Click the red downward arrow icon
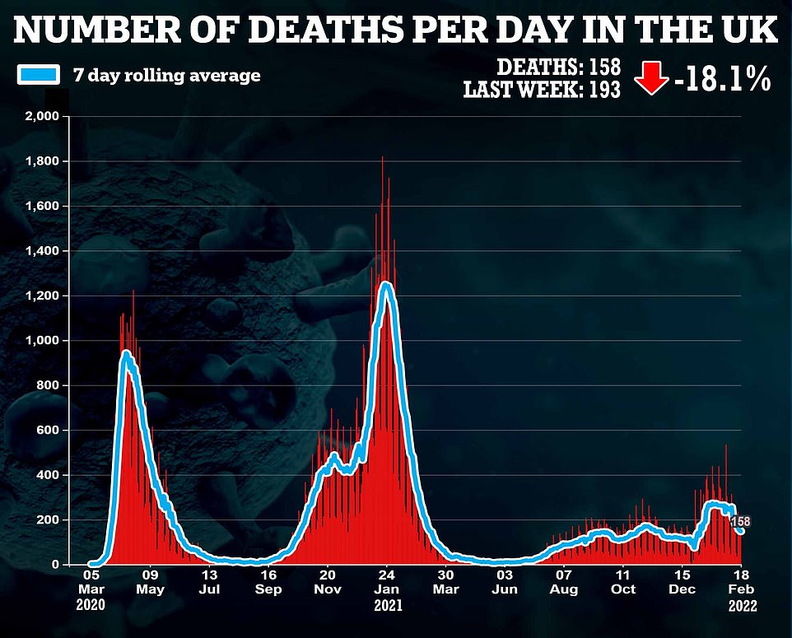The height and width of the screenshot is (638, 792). pyautogui.click(x=650, y=79)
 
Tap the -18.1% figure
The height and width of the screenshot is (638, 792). pyautogui.click(x=720, y=79)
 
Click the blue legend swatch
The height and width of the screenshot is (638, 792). pyautogui.click(x=37, y=75)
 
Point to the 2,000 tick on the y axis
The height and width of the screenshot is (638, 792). pyautogui.click(x=42, y=117)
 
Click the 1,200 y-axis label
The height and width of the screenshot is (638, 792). pyautogui.click(x=42, y=296)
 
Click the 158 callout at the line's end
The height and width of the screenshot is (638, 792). pyautogui.click(x=740, y=521)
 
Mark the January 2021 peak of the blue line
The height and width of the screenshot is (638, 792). pyautogui.click(x=384, y=286)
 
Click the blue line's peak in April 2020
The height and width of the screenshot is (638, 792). pyautogui.click(x=126, y=353)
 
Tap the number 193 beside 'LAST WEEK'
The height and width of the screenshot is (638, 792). pyautogui.click(x=603, y=89)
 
